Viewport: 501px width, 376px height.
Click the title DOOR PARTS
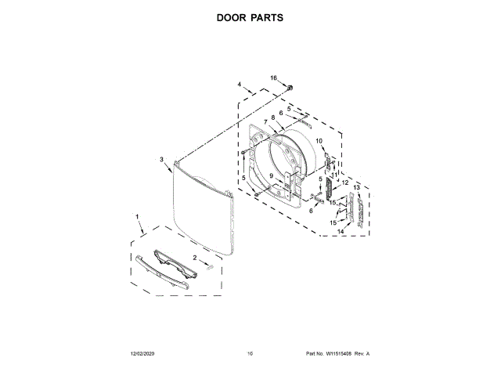(250, 18)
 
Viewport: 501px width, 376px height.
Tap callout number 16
(274, 78)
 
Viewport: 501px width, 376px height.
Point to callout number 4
(239, 84)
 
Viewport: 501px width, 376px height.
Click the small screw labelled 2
(210, 266)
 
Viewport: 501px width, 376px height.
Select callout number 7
(265, 121)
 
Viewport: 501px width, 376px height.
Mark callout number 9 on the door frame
(272, 175)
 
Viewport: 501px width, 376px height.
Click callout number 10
(319, 140)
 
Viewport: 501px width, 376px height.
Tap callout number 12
(344, 183)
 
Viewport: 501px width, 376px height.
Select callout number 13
(356, 188)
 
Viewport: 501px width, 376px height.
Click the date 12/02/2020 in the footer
(143, 354)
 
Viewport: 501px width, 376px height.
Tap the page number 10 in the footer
(250, 354)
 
